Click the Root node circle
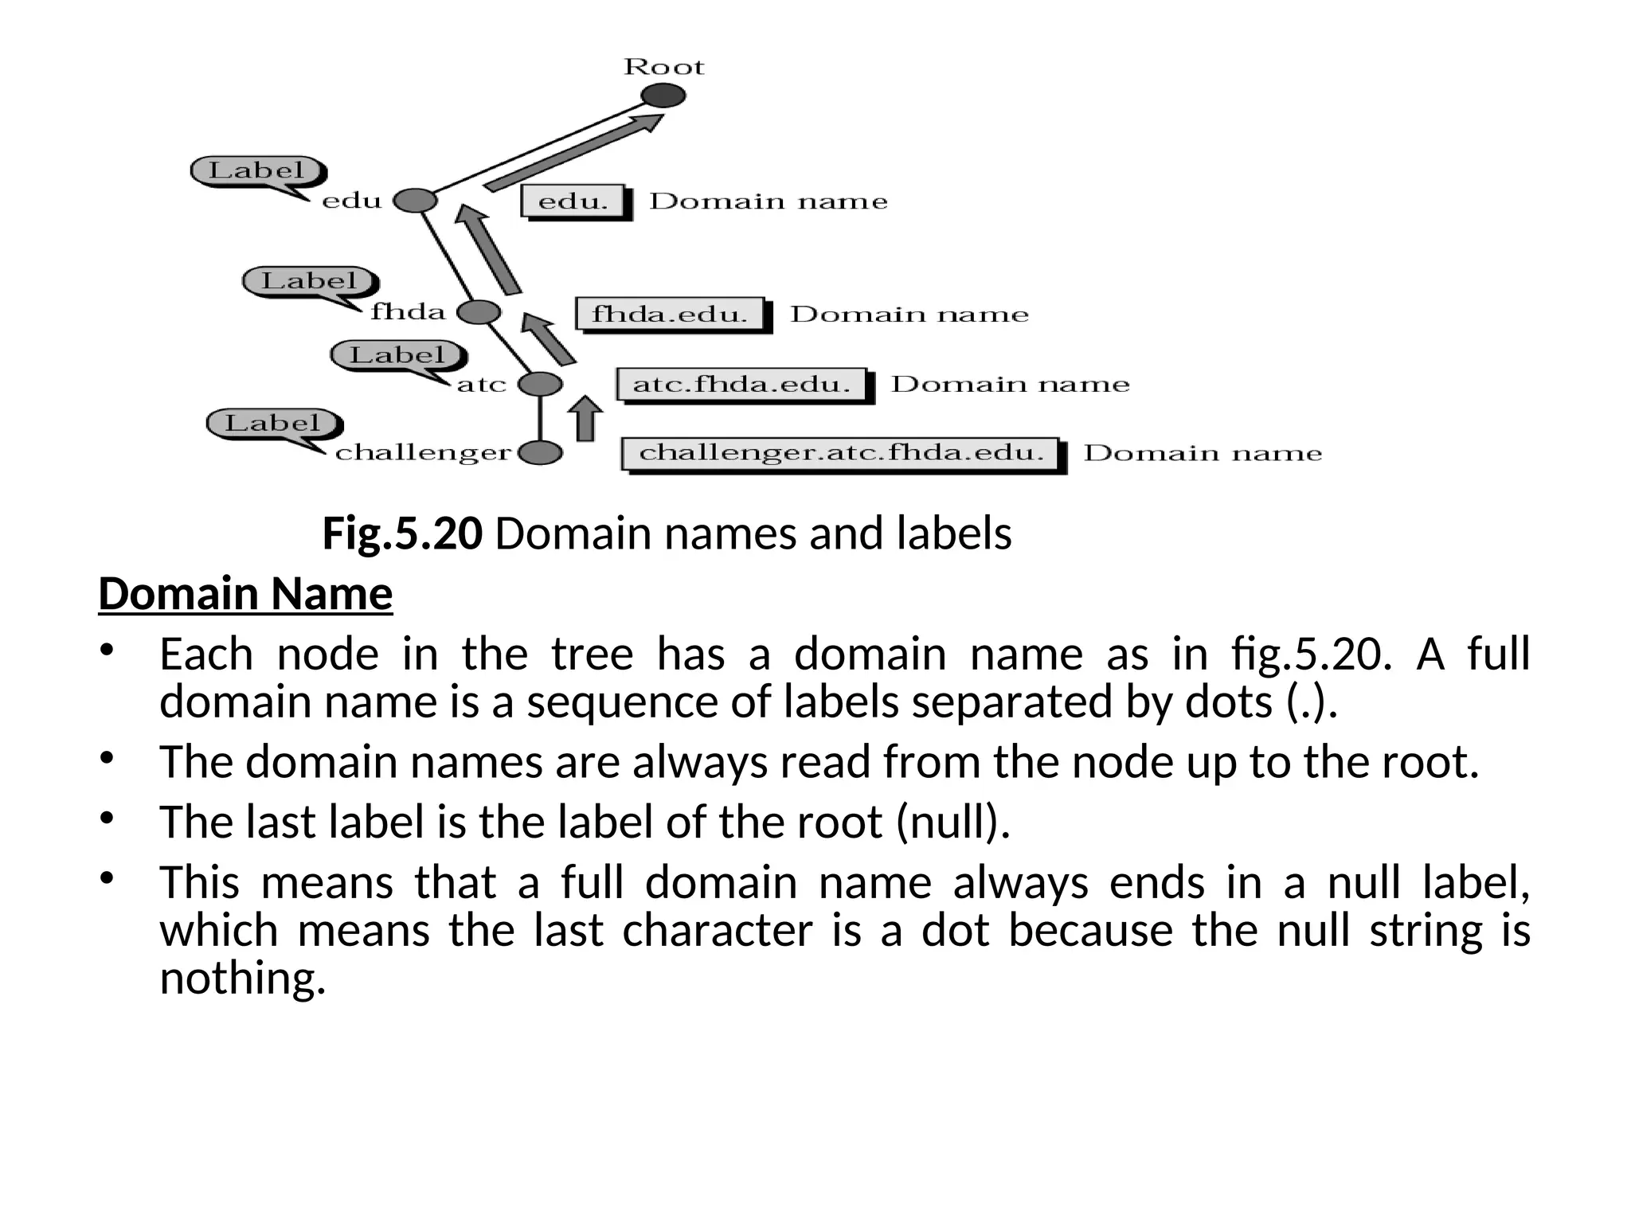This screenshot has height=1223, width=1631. [663, 96]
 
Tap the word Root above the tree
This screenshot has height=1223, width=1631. [663, 66]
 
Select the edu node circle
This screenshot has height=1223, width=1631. [415, 201]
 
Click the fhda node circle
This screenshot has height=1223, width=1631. [479, 312]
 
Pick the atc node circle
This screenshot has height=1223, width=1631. [540, 385]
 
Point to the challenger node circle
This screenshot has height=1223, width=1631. [540, 453]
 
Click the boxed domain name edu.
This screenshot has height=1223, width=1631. [573, 201]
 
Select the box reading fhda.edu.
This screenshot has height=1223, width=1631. [670, 314]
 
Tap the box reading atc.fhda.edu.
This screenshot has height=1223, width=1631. [741, 385]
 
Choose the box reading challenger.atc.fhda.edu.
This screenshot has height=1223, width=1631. [841, 453]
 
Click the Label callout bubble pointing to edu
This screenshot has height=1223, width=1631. [257, 170]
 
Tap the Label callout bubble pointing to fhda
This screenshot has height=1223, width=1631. [310, 281]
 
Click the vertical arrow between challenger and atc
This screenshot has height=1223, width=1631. [585, 418]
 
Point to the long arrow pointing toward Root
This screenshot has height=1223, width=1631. [573, 152]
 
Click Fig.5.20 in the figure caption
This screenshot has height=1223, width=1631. [402, 533]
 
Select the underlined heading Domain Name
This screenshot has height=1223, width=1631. [245, 594]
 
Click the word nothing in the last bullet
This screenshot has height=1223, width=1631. [242, 978]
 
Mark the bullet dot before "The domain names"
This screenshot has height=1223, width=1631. [108, 757]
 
